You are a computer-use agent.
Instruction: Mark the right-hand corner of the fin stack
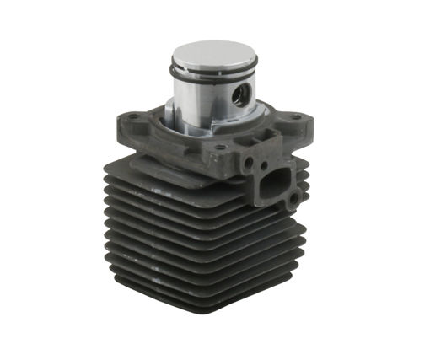click(x=304, y=244)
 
